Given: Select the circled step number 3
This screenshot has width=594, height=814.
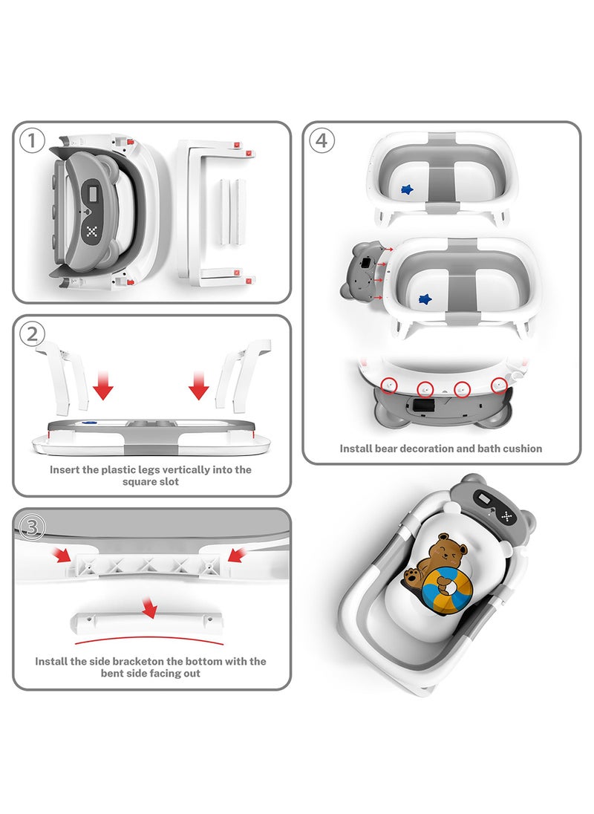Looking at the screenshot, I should click(33, 526).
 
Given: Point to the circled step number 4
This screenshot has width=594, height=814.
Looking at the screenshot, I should click(321, 140).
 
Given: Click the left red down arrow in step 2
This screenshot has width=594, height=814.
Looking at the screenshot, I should click(104, 386).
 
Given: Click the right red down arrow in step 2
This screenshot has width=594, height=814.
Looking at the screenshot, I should click(198, 386).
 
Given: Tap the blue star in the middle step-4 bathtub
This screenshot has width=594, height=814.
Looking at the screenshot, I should click(425, 299).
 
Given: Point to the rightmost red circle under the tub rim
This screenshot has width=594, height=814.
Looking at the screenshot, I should click(500, 385).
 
